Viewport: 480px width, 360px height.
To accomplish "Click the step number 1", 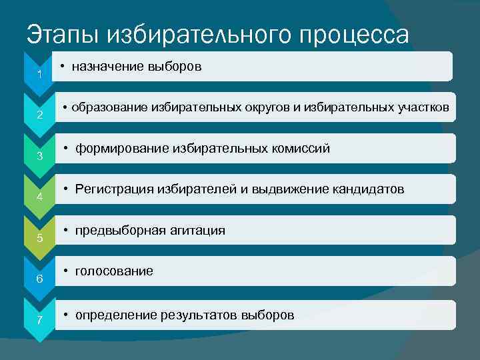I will [40, 74].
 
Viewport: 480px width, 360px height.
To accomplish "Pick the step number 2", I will [40, 115].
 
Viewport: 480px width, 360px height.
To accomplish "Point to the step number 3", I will [40, 157].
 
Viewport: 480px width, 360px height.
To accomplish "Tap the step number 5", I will [40, 238].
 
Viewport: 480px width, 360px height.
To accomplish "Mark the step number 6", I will [40, 279].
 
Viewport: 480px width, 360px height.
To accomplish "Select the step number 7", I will [40, 321].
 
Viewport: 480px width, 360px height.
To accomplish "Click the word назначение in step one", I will [106, 67].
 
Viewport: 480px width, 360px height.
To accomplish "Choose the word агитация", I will [194, 231].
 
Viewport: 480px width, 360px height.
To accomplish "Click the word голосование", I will [114, 271].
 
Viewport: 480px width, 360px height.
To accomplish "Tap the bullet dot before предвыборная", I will [67, 231].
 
